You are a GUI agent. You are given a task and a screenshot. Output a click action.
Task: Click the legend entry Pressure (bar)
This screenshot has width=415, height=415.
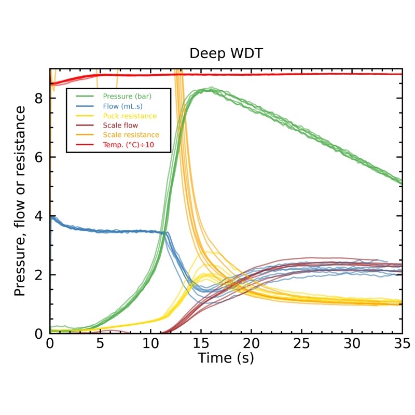pos(127,96)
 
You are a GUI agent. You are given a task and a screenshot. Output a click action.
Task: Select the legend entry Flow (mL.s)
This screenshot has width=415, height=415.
pos(123,106)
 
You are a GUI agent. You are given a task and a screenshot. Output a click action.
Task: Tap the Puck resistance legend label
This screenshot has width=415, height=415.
pos(130,116)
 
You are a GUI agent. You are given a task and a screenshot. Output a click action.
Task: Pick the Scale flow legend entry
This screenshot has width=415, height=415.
pos(120,125)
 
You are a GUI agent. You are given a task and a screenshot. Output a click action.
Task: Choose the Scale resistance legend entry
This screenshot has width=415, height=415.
pos(131,135)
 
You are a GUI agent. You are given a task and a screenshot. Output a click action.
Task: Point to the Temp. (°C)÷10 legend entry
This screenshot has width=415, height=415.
pos(132,144)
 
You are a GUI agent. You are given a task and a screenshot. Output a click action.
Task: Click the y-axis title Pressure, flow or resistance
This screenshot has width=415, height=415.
pos(20,201)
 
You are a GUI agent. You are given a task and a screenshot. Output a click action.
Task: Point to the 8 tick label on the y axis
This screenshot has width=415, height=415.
pos(38,98)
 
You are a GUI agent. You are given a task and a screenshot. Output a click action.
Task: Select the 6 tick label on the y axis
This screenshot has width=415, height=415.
pos(38,157)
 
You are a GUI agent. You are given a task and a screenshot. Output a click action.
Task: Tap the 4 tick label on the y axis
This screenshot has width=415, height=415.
pos(38,216)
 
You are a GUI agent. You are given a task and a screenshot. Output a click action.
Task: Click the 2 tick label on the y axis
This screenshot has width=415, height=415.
pos(38,275)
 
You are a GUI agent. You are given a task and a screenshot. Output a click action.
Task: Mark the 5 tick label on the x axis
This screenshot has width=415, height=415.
pos(100,343)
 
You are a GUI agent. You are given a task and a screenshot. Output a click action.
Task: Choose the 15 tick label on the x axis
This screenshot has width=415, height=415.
pos(201,343)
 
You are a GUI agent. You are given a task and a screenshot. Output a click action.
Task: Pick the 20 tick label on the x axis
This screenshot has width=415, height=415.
pos(251,343)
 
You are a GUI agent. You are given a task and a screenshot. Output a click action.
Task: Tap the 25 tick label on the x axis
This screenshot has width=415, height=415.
pos(301,343)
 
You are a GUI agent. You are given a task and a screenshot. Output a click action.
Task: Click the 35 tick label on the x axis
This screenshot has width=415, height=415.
pos(402,343)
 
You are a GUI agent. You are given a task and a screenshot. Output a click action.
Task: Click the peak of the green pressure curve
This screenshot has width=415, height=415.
pos(210,89)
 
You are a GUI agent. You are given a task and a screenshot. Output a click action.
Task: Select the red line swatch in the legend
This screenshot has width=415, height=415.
pos(85,144)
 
